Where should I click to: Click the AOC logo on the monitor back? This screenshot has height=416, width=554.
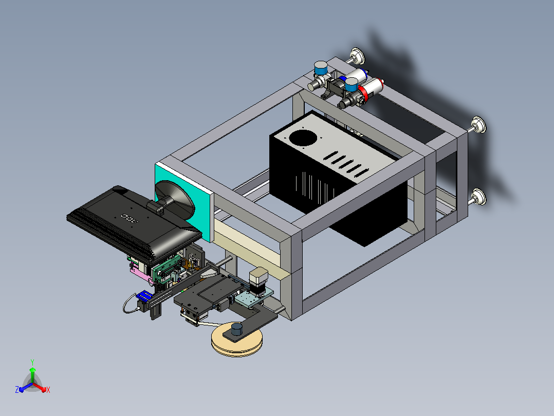point(130,218)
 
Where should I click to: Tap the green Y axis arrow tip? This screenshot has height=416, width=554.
point(32,369)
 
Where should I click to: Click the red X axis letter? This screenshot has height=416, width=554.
point(48,390)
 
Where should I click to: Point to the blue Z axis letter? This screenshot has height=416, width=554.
point(17,389)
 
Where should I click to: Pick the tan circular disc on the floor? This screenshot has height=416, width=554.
point(237,340)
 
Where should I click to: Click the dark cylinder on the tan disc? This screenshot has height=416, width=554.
point(237,330)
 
